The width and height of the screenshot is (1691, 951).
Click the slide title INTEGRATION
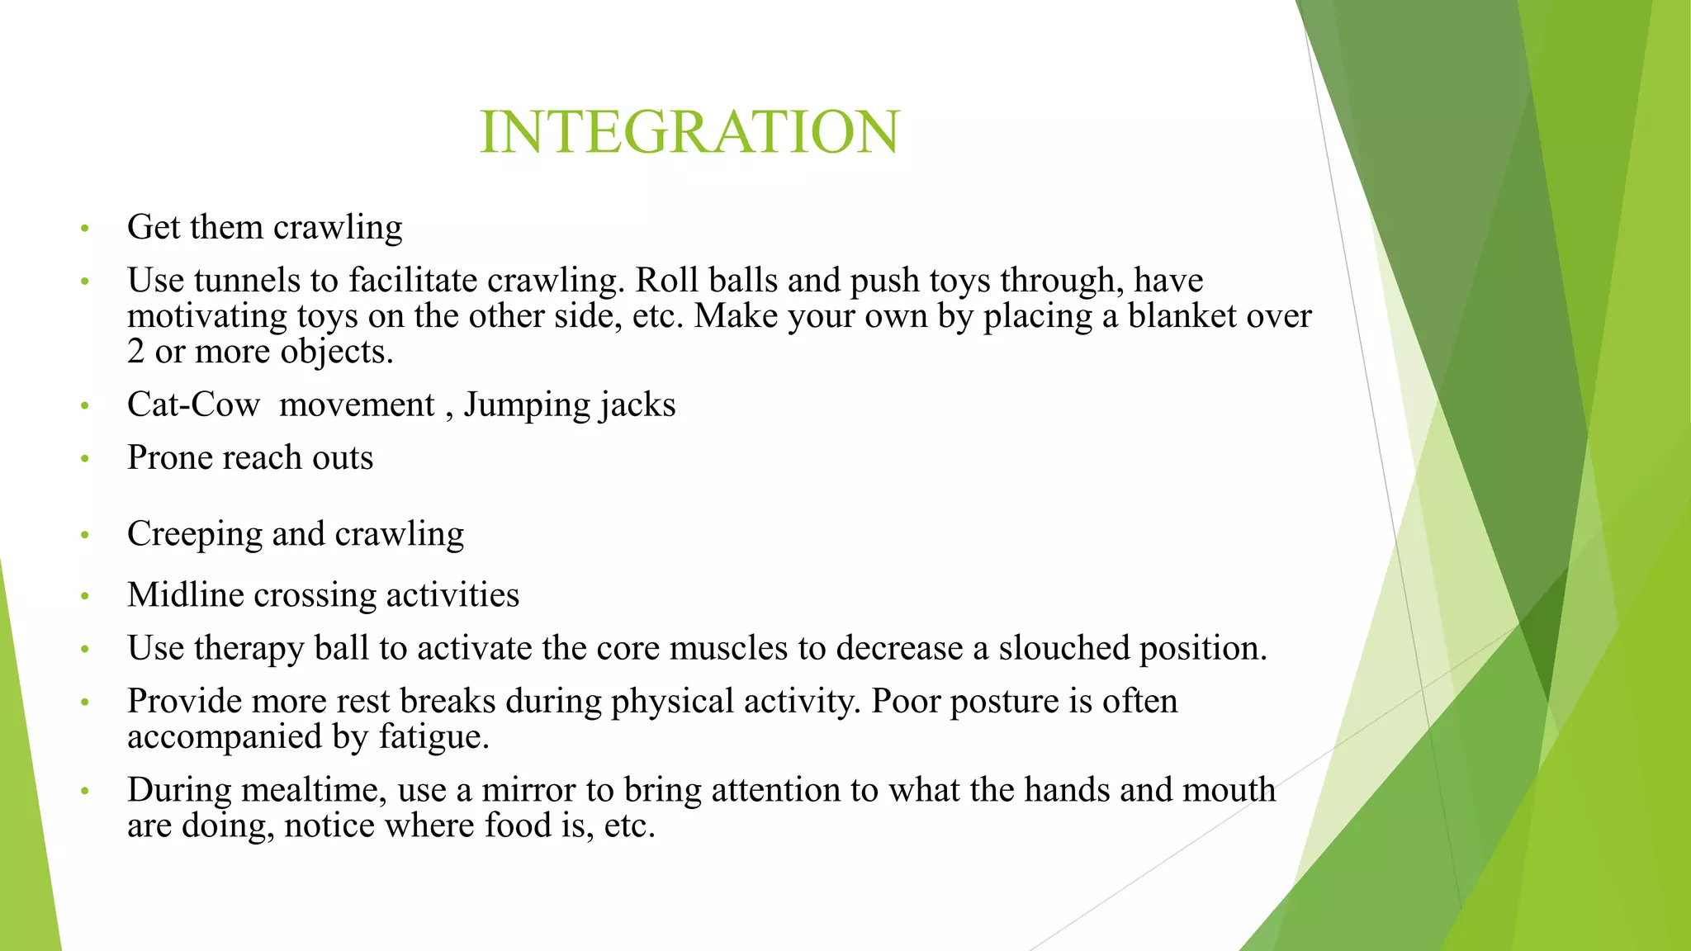coord(689,132)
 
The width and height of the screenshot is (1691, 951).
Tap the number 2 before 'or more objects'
coord(136,352)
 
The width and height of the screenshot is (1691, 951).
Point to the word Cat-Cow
coord(193,405)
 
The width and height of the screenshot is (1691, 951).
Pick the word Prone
coord(169,458)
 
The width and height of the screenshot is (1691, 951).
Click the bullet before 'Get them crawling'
coord(84,229)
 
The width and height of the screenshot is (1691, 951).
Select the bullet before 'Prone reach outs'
coord(84,459)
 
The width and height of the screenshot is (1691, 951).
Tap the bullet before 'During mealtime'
coord(84,792)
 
